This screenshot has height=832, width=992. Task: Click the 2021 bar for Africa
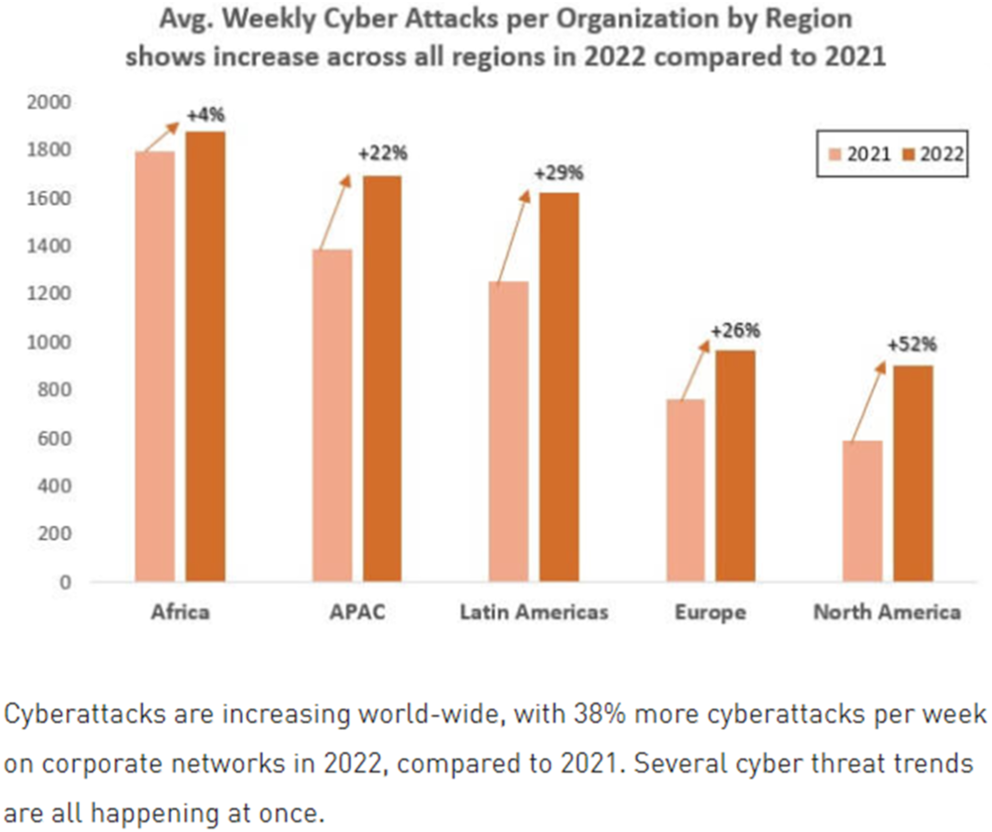(x=155, y=366)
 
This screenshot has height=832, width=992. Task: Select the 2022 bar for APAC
(x=382, y=378)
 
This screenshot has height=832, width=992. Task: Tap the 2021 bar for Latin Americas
(x=509, y=431)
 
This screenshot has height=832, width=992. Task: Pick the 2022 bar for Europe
(x=735, y=466)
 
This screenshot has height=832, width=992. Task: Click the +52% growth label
(x=912, y=344)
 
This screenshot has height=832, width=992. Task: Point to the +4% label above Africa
(x=206, y=115)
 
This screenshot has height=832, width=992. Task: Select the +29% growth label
(x=559, y=173)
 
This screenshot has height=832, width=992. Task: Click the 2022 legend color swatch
(x=908, y=154)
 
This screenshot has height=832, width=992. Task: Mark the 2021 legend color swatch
(x=835, y=154)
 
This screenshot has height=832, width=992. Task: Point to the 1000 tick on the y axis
(x=49, y=342)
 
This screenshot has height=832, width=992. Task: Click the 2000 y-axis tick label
(x=49, y=102)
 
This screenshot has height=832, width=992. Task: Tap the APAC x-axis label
(x=358, y=612)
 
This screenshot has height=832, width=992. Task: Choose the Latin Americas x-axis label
(x=534, y=612)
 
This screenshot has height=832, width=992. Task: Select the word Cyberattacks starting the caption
(x=85, y=715)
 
